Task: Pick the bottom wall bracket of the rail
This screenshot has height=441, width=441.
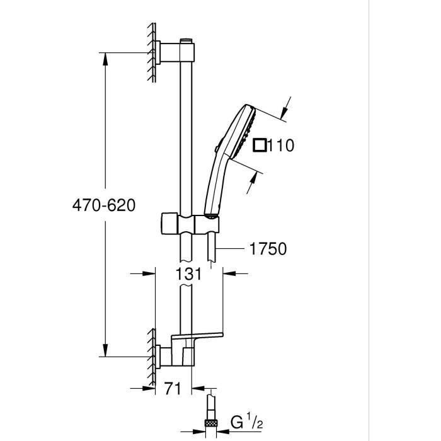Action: coord(173,356)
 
